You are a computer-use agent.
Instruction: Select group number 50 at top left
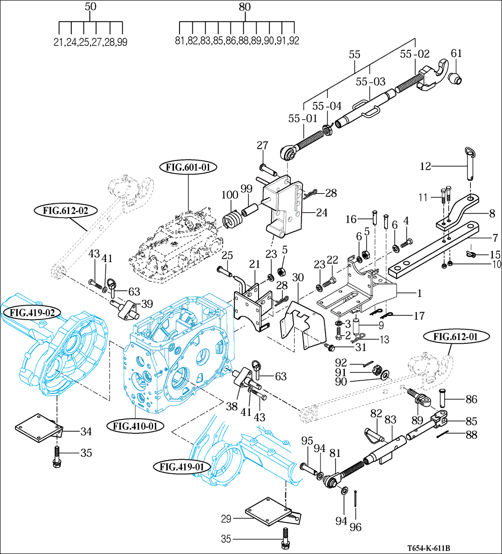pos(91,7)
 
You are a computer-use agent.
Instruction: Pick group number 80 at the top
pos(244,7)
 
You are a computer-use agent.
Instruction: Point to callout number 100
pos(230,196)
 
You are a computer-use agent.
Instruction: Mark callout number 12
pos(425,167)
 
